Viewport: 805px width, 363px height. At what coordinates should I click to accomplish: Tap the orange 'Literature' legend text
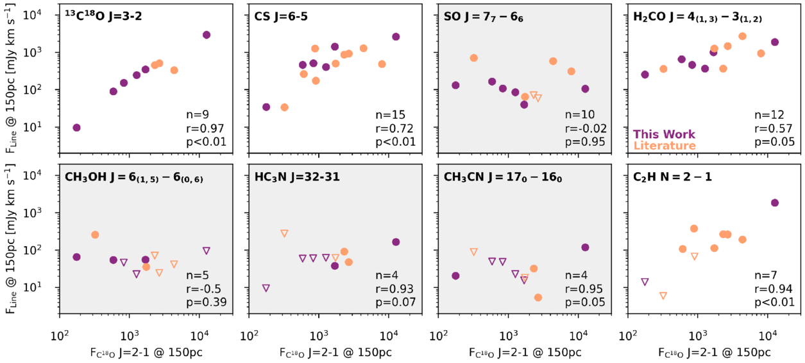[x=665, y=146]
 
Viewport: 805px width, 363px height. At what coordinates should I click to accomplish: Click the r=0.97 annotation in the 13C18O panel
[x=206, y=128]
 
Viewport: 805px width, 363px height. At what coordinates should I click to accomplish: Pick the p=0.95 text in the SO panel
[x=586, y=142]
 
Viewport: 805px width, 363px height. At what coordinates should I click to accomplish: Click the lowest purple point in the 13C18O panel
[x=77, y=127]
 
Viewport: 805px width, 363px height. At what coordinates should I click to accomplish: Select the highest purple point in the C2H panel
[x=774, y=203]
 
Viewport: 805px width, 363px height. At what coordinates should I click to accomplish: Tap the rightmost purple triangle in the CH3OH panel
[x=207, y=251]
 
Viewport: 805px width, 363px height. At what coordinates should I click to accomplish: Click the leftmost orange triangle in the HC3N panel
[x=284, y=233]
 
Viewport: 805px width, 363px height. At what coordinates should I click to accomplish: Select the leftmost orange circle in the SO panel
[x=474, y=58]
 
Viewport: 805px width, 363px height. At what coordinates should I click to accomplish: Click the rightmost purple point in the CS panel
[x=396, y=37]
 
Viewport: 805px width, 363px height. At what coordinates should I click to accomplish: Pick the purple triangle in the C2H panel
[x=645, y=282]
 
